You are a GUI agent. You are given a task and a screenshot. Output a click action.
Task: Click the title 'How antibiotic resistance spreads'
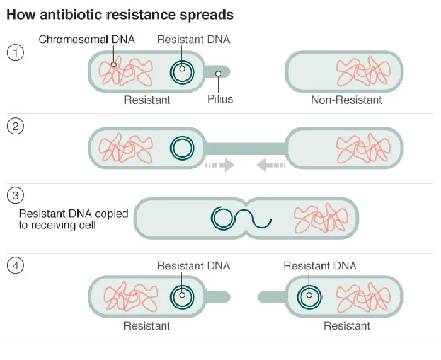coord(120,14)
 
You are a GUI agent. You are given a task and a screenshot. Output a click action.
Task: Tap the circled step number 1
coord(15,52)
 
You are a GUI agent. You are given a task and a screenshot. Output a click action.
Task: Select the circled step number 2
coord(15,126)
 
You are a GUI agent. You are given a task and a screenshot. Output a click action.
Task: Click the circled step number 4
coord(15,266)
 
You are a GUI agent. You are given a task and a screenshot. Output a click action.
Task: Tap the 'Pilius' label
coord(220,99)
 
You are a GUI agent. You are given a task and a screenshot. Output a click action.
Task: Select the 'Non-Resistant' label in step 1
coord(346,100)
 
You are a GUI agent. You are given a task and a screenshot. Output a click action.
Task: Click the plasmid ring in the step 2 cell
coord(182,149)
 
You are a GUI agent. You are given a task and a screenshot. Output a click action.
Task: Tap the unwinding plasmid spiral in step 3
coord(239,219)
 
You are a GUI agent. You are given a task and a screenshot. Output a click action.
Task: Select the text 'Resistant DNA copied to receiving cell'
coord(73,219)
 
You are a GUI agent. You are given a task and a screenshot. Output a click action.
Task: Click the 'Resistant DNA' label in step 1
coord(193,39)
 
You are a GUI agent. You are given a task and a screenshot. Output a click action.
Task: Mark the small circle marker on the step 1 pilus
coord(218,74)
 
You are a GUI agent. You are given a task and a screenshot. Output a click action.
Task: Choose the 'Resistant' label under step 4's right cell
coord(346,326)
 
